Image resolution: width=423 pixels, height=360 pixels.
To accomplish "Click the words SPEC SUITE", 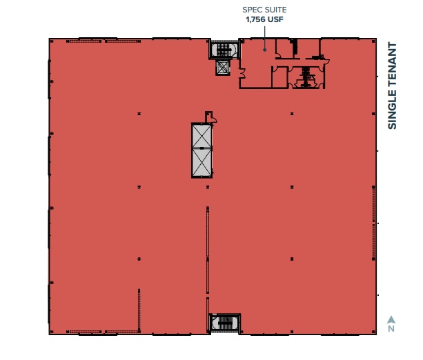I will click(x=263, y=10).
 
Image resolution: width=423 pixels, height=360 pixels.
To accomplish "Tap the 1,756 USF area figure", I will click(x=263, y=20).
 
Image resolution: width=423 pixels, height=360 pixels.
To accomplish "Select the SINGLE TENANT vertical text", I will click(x=393, y=86).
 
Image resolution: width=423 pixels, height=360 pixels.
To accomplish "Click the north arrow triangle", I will click(x=391, y=319).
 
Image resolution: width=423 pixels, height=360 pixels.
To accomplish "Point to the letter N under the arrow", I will click(x=391, y=329).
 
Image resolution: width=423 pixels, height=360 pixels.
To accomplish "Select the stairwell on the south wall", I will click(x=224, y=323).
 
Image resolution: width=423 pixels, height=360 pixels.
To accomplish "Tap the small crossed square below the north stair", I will click(x=223, y=68).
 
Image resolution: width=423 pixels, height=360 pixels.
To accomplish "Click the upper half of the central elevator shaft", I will click(x=201, y=136).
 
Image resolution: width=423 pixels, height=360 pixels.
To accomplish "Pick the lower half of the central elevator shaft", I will click(x=201, y=163).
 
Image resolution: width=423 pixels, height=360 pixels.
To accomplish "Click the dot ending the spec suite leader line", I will click(x=264, y=50).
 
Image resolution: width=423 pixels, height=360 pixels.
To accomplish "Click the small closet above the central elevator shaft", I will click(x=209, y=117).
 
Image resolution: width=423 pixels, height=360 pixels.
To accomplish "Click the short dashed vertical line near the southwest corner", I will click(x=139, y=310).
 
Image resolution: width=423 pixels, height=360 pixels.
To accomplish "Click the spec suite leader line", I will click(x=264, y=38).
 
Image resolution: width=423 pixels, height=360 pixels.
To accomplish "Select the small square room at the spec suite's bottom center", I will click(x=279, y=77).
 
